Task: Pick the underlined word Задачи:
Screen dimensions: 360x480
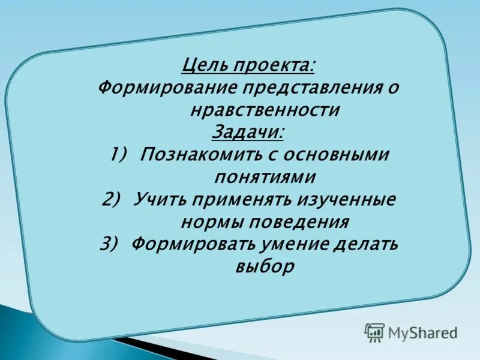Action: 248,132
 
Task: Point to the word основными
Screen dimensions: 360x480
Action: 337,155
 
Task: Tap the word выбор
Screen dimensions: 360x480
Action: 264,266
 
